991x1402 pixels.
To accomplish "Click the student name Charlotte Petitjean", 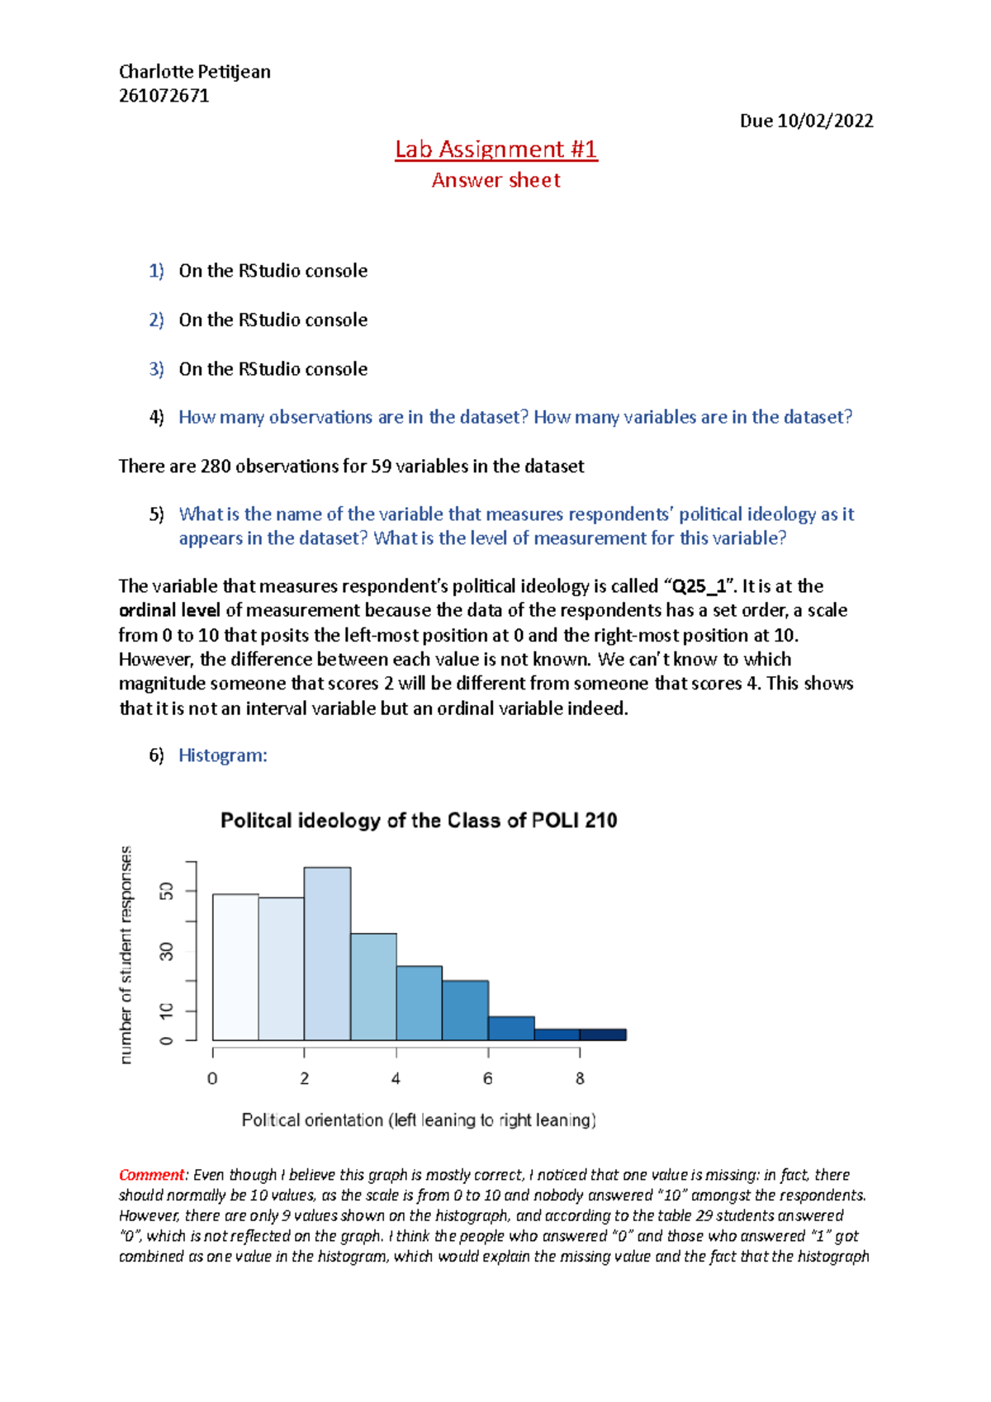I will coord(195,72).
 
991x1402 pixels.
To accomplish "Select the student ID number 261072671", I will coord(164,96).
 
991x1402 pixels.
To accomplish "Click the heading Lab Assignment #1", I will coord(495,149).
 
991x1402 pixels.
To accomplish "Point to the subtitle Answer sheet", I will coord(495,180).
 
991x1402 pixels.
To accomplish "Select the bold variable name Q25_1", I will coord(699,587).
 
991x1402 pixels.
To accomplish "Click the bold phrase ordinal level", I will coord(169,611).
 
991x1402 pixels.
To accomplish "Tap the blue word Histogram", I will coord(222,755).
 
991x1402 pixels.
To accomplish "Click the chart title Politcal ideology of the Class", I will coord(419,821).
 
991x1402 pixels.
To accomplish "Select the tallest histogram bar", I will coord(327,954).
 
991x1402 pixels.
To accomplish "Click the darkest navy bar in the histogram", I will coord(603,1035).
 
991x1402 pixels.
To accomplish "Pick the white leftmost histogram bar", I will coord(235,967).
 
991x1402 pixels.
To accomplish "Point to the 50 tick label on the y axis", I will coord(167,892).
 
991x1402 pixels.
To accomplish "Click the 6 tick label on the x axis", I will coord(488,1079).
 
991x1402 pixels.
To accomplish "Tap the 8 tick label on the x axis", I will coord(580,1079).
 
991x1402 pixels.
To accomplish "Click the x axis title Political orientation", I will coord(419,1120).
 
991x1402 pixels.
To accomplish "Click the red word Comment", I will coord(152,1175).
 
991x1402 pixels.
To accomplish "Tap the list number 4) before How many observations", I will coord(156,418).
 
